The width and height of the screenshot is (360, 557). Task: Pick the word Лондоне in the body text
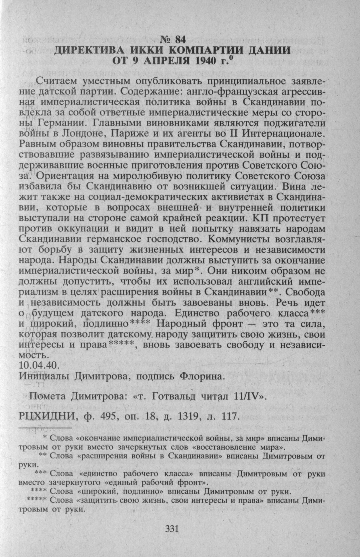(x=80, y=134)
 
